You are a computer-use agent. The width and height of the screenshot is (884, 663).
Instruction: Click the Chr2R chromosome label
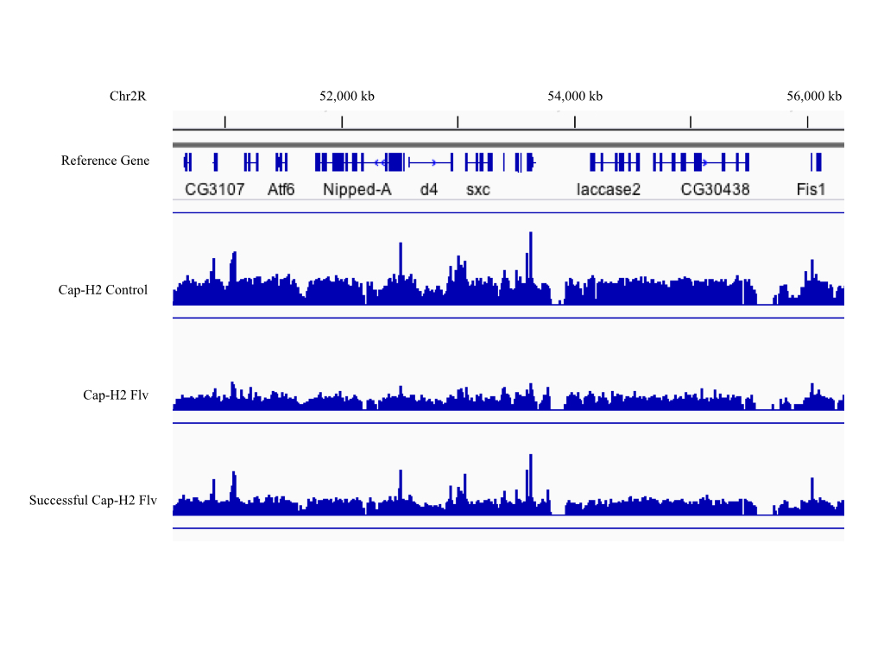click(x=128, y=96)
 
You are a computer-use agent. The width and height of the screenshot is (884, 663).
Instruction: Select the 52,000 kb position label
click(x=346, y=96)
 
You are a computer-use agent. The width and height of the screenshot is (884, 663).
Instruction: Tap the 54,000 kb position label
click(x=575, y=96)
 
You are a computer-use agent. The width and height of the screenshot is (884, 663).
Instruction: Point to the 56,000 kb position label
click(x=813, y=96)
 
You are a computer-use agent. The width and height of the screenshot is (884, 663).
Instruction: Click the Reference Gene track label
click(x=104, y=161)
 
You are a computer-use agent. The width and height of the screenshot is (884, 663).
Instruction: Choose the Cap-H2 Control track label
click(x=103, y=290)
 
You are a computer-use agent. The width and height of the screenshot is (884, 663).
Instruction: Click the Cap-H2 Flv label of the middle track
click(x=116, y=395)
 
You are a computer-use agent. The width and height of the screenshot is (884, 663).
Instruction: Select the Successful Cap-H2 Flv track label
click(x=93, y=500)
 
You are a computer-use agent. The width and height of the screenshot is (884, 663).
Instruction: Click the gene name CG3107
click(x=214, y=189)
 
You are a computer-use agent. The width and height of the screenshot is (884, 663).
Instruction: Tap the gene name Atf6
click(x=281, y=189)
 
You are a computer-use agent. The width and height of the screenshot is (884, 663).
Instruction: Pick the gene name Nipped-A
click(x=357, y=189)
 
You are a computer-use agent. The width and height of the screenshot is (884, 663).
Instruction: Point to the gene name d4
click(x=429, y=189)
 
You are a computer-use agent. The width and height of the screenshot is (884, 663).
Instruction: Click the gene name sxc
click(x=477, y=189)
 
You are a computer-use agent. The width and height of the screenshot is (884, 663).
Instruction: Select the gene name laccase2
click(x=609, y=189)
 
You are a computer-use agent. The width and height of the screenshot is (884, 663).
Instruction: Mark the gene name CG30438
click(x=715, y=189)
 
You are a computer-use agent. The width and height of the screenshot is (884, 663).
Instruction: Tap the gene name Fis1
click(x=811, y=189)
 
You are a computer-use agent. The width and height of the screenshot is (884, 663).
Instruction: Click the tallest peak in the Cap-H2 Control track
click(x=531, y=235)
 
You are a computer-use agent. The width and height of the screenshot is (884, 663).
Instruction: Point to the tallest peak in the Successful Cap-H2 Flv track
click(x=531, y=457)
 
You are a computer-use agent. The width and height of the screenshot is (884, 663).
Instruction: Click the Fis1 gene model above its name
click(x=815, y=161)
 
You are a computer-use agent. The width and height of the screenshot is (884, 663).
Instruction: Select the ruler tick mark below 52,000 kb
click(x=343, y=122)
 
